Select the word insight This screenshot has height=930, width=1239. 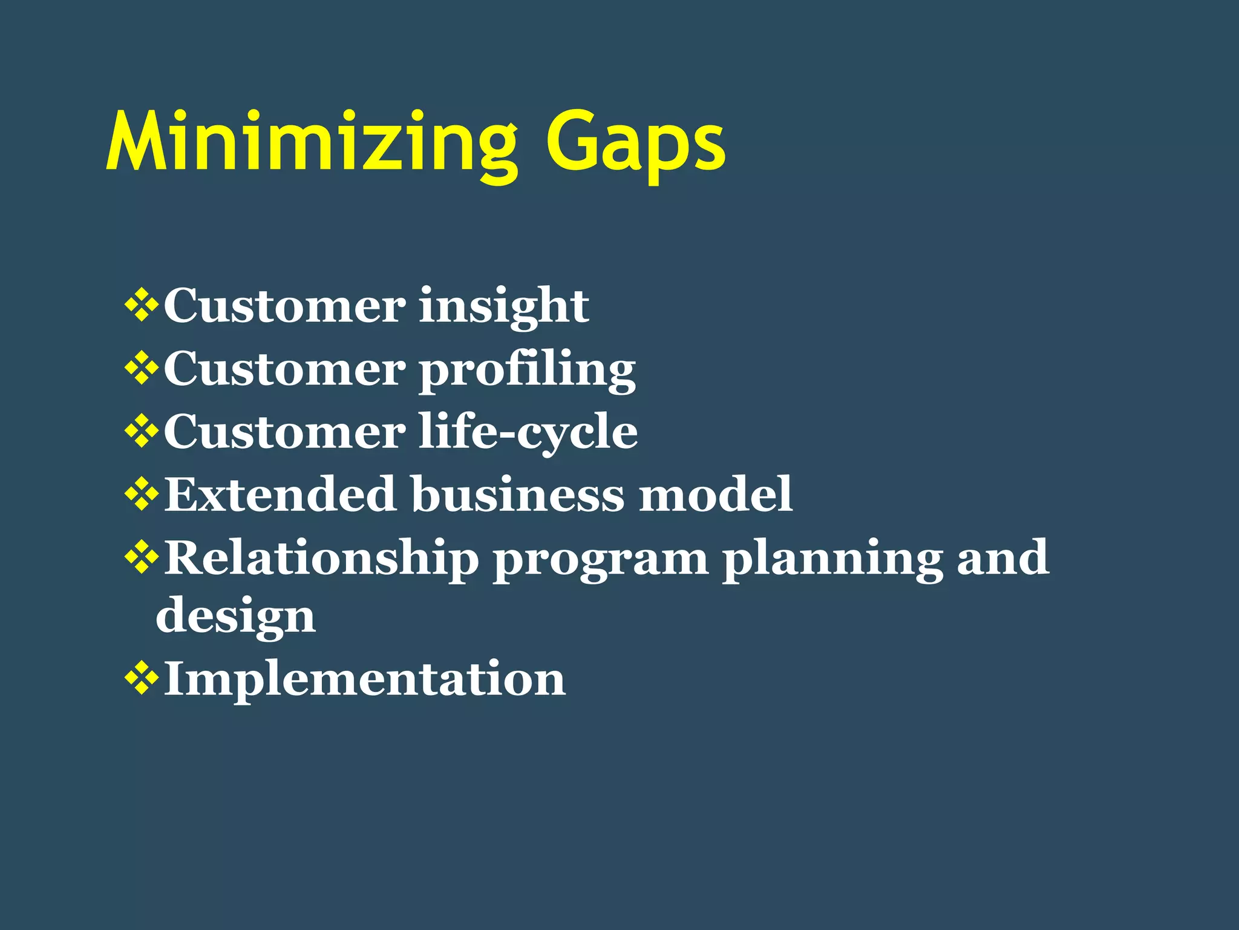tap(503, 306)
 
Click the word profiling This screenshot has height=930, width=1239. tap(527, 370)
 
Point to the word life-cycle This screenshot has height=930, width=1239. tap(528, 432)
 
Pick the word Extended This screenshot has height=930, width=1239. tap(280, 494)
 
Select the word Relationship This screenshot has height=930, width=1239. tap(321, 558)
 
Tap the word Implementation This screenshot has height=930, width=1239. tap(365, 679)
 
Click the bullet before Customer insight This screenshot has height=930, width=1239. tap(142, 306)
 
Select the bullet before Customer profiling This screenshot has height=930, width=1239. tap(142, 369)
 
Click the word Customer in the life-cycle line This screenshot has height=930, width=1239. tap(284, 432)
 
